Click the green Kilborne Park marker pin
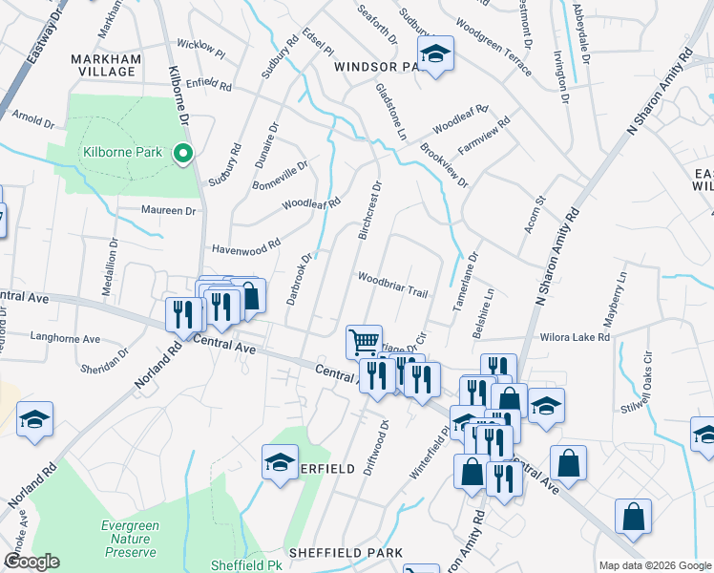pos(181,152)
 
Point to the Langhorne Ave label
pos(66,339)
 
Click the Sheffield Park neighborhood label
pos(346,553)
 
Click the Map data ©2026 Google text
pos(655,565)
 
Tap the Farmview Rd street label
pos(484,137)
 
